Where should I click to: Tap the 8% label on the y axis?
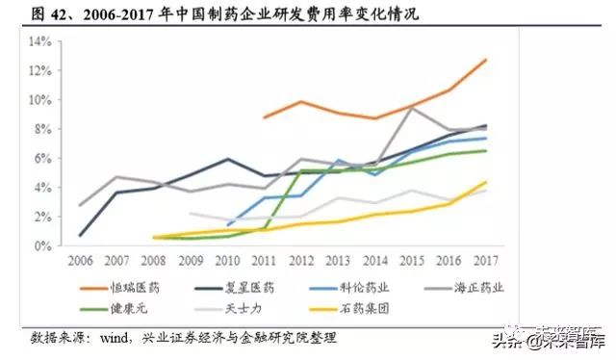pyautogui.click(x=41, y=129)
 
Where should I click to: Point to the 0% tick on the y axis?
pyautogui.click(x=41, y=246)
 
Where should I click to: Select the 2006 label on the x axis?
pyautogui.click(x=80, y=260)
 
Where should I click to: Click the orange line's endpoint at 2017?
pyautogui.click(x=486, y=60)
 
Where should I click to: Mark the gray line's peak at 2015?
pyautogui.click(x=411, y=107)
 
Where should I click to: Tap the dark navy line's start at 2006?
pyautogui.click(x=80, y=235)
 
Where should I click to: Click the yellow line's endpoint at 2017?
pyautogui.click(x=486, y=182)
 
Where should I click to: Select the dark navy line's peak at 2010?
pyautogui.click(x=227, y=159)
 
